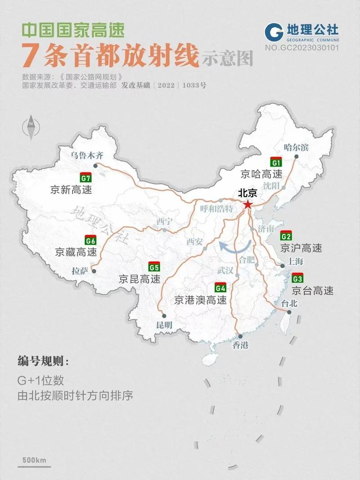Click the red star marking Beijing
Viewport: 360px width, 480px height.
click(x=247, y=204)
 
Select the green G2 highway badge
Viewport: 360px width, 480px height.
click(x=286, y=237)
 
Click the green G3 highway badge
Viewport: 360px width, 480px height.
click(x=297, y=277)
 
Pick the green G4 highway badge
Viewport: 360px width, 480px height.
click(x=220, y=287)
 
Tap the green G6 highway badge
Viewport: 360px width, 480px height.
click(x=90, y=240)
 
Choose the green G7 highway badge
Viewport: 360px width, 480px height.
click(x=85, y=177)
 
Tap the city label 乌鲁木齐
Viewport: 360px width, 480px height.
click(x=87, y=156)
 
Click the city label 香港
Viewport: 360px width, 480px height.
click(x=240, y=345)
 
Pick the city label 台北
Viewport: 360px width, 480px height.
click(x=289, y=303)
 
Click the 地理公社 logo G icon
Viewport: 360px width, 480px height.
click(x=274, y=34)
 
